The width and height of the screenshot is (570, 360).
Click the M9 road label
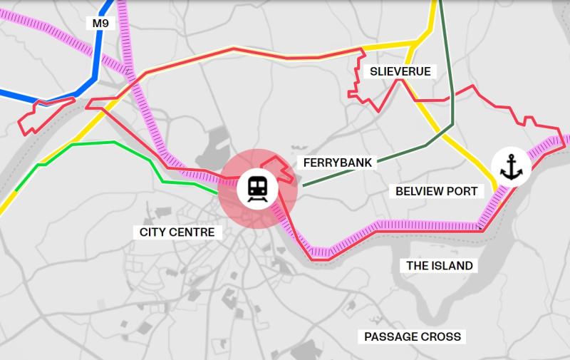point(100,24)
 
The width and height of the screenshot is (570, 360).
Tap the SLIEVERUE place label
point(401,71)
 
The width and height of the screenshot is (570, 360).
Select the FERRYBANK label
point(338,163)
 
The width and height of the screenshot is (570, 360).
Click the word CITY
point(152,232)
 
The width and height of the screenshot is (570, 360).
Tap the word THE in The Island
point(418,266)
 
